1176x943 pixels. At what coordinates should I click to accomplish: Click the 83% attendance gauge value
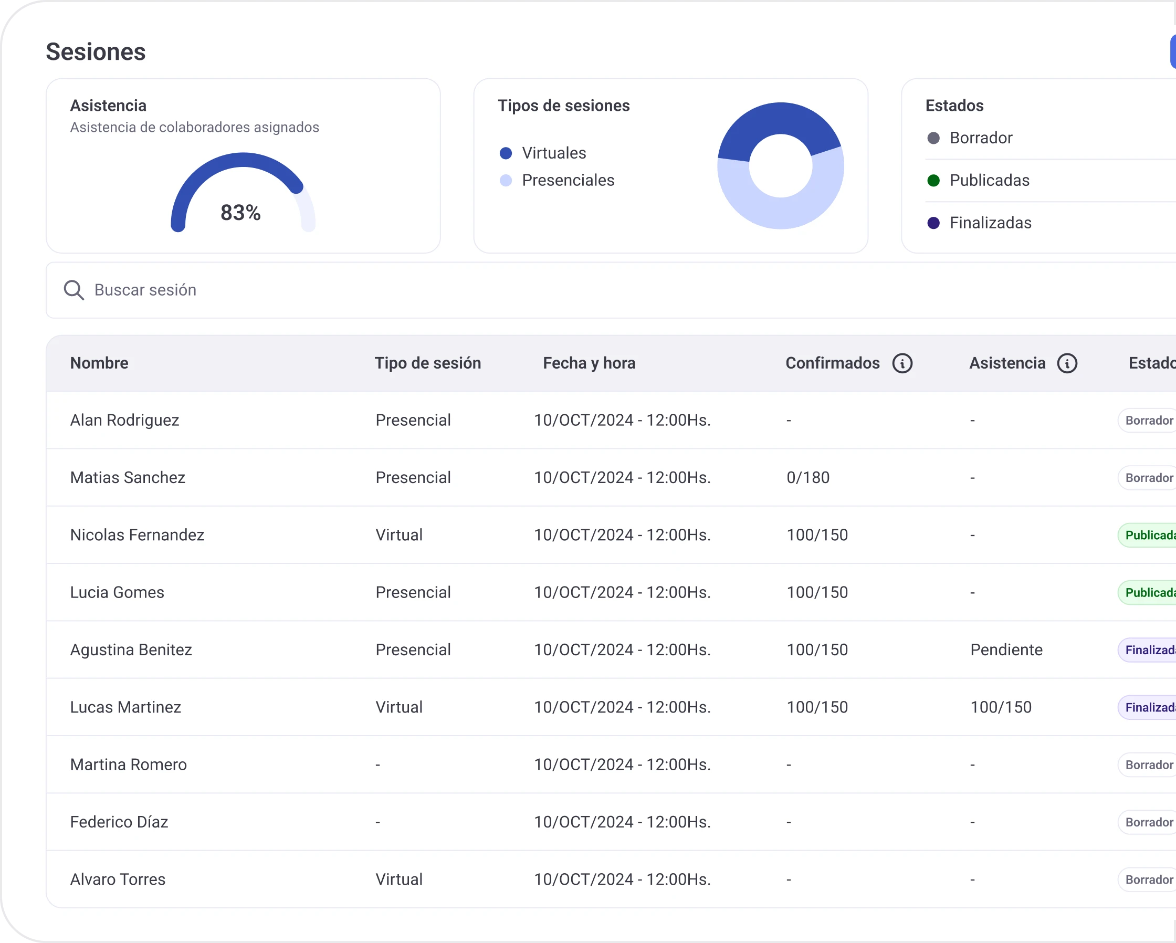click(x=240, y=213)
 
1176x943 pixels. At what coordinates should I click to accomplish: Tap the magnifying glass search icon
click(x=73, y=290)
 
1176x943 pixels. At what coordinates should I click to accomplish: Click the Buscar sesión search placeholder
click(x=145, y=290)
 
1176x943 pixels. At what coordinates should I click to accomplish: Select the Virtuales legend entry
click(x=554, y=153)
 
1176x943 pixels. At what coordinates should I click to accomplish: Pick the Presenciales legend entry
click(x=568, y=181)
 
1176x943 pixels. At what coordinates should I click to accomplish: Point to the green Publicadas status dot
click(x=933, y=181)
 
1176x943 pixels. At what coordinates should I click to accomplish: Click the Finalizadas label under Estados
click(x=990, y=223)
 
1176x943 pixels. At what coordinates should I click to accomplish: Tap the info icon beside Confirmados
click(x=902, y=363)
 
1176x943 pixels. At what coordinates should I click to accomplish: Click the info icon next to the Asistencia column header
click(x=1067, y=363)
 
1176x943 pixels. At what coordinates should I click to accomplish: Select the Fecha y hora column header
click(x=589, y=363)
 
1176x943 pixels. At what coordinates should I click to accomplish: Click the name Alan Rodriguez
click(x=124, y=421)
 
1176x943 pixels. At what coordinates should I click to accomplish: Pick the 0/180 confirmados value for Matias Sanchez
click(x=808, y=478)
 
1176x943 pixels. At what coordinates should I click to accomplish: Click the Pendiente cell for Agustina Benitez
click(x=1006, y=650)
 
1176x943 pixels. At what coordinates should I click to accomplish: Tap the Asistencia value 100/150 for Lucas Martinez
click(x=1001, y=707)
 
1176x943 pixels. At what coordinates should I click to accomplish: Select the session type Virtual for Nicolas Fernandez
click(x=398, y=535)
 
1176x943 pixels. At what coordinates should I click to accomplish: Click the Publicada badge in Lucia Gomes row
click(x=1148, y=593)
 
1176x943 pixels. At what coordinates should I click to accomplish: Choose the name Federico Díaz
click(x=119, y=822)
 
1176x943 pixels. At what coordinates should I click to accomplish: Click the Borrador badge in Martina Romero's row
click(x=1148, y=765)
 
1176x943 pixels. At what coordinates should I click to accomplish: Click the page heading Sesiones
click(x=96, y=52)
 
